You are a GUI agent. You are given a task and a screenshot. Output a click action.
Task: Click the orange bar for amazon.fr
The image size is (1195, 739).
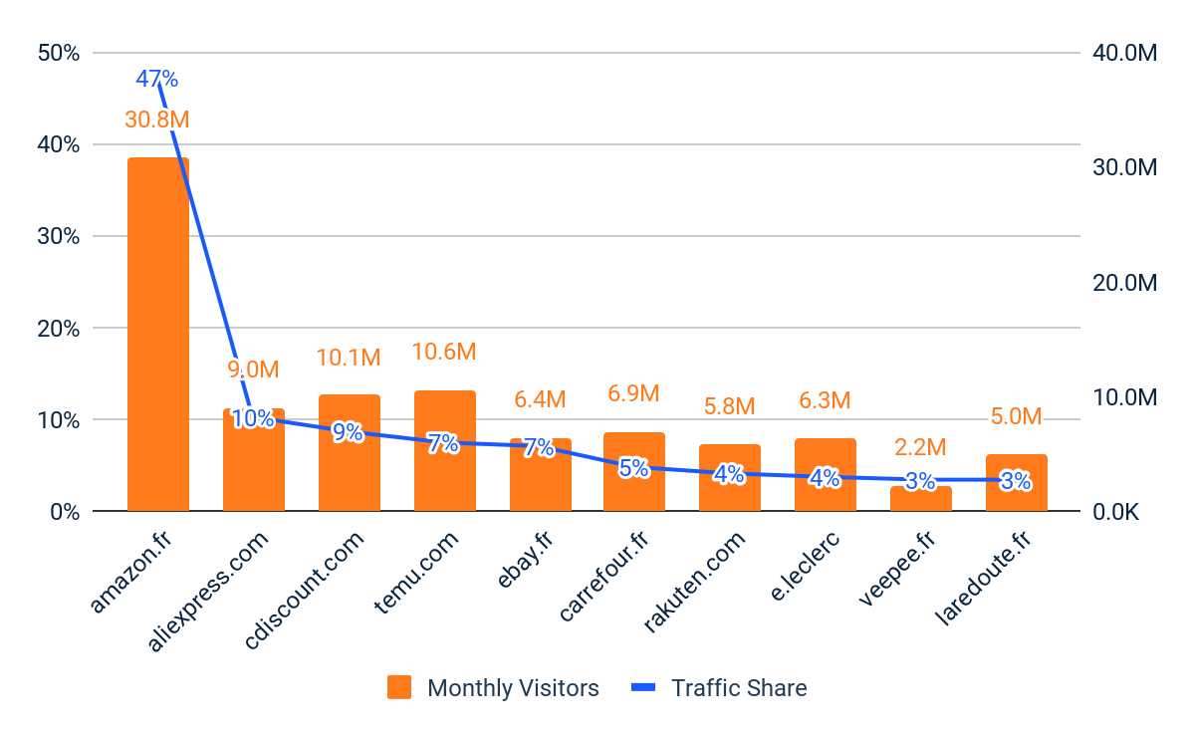[x=157, y=334]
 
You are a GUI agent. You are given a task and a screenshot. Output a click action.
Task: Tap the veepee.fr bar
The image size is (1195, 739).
[x=920, y=499]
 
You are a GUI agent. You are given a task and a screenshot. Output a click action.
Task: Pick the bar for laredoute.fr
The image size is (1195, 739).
[x=1016, y=483]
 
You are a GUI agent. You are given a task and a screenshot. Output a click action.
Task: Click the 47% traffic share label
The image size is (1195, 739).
[x=156, y=79]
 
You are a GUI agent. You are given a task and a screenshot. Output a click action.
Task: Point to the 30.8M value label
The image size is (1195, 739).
[x=156, y=120]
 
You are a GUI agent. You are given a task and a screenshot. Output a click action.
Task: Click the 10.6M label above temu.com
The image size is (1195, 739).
[x=444, y=352]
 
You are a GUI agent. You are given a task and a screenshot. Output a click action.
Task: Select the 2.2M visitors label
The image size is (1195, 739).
[x=920, y=447]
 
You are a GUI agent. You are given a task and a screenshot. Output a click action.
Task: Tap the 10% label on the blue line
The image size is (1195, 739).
[x=253, y=419]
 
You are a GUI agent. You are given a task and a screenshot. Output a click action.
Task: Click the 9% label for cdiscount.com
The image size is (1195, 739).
[x=348, y=432]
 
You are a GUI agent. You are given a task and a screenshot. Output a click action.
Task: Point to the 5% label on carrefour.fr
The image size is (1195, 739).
[x=633, y=467]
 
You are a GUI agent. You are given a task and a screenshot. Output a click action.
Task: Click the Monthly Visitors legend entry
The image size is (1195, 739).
[x=494, y=688]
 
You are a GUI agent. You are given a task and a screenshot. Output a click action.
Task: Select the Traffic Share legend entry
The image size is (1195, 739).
[x=720, y=688]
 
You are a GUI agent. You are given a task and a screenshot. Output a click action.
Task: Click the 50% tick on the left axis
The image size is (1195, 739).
[x=58, y=53]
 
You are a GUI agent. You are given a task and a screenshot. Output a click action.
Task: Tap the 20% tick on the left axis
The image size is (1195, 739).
[x=58, y=329]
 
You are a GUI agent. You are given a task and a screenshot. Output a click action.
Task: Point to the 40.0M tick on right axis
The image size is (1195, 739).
[x=1125, y=53]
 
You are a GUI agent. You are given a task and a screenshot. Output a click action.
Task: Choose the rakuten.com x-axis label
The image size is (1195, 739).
[x=695, y=583]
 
